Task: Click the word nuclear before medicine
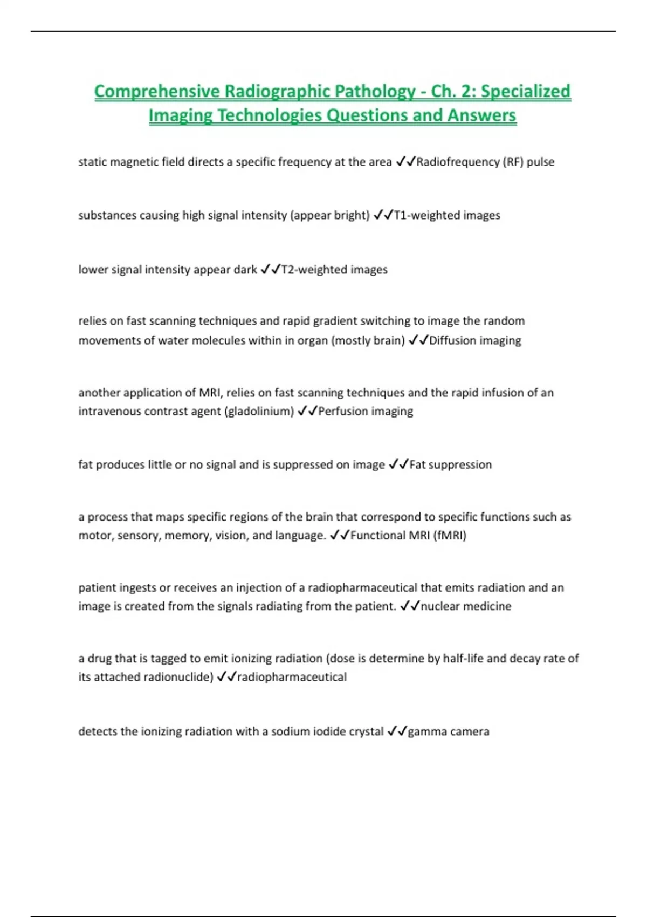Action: pyautogui.click(x=439, y=606)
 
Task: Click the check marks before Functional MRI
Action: pyautogui.click(x=339, y=535)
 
